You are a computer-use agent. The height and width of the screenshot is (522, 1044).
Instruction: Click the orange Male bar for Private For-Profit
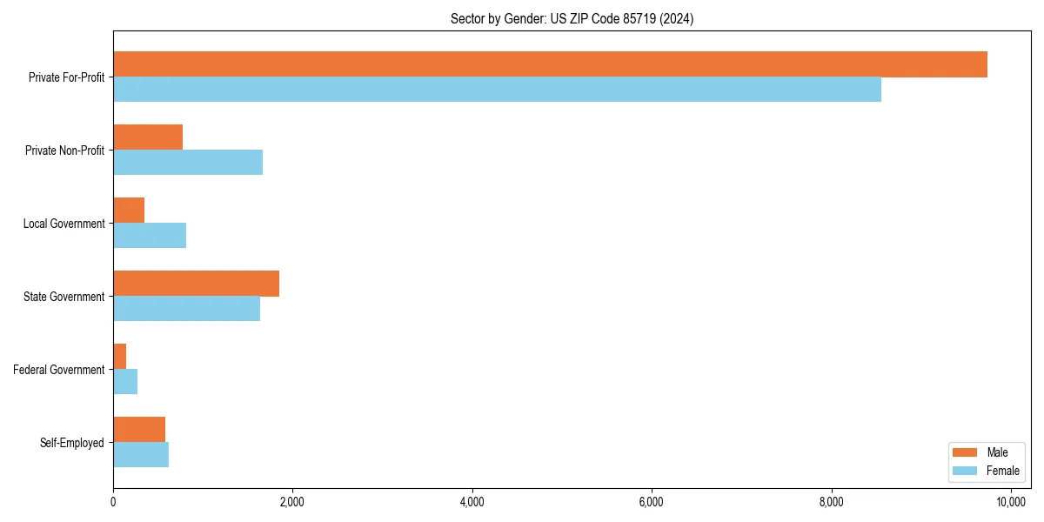[550, 64]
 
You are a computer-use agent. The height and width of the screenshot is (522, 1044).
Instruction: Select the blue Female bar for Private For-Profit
[497, 90]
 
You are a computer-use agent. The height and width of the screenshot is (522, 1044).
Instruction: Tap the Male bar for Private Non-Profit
[148, 137]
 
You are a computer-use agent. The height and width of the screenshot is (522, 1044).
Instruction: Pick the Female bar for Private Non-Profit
[188, 163]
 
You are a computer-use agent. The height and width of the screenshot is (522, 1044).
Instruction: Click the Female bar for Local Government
[150, 236]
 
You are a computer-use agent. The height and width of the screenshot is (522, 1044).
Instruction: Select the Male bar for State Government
[196, 284]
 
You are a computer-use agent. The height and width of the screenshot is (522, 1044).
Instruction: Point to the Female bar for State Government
[186, 309]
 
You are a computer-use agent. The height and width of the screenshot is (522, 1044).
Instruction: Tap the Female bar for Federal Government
[125, 382]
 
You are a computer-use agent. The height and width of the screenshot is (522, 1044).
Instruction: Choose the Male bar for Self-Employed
[139, 430]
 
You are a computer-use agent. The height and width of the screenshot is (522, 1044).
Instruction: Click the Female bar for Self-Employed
[141, 455]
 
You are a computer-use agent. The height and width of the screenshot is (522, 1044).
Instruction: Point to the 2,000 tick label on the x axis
[292, 502]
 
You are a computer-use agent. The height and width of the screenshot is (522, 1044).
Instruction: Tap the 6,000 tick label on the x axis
[652, 502]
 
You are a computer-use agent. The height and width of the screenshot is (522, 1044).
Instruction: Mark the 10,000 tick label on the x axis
[1011, 502]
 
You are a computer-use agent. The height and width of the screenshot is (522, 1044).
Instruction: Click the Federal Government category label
[59, 370]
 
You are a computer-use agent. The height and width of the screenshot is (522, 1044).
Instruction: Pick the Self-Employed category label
[72, 443]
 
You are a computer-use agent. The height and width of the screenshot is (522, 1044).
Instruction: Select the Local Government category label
[64, 224]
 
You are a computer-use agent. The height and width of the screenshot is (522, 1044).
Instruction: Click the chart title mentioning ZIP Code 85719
[572, 18]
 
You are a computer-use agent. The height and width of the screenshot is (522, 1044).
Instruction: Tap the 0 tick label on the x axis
[113, 502]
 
